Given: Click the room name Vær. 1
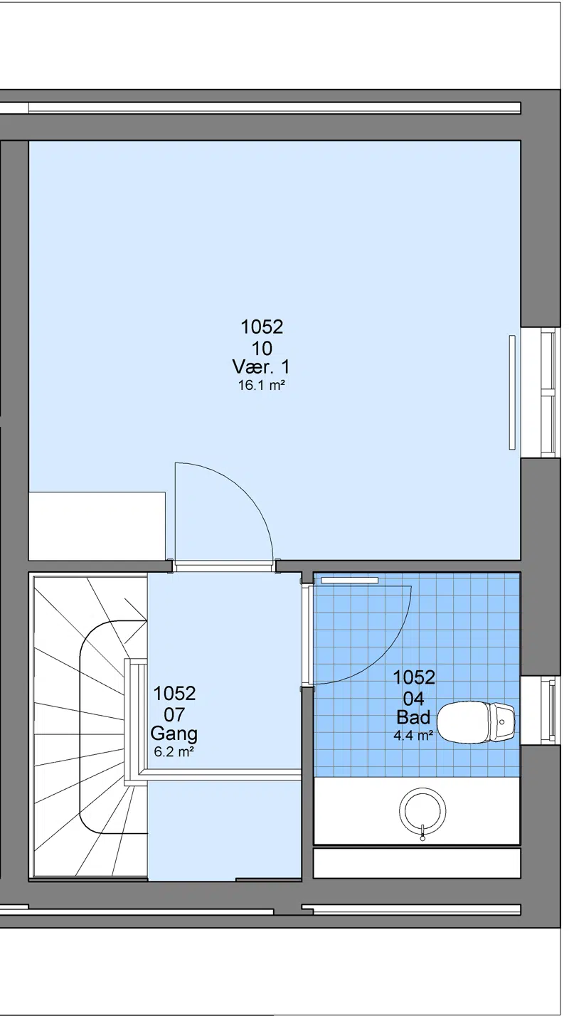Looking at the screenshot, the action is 261,366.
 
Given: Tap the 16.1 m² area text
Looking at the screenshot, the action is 262,386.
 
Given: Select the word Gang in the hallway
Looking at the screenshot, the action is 174,734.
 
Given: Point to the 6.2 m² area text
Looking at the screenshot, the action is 174,752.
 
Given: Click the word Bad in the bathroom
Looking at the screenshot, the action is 413,718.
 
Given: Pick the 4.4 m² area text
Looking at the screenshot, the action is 413,736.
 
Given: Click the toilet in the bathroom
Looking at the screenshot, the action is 476,723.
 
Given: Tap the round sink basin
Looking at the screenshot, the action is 422,810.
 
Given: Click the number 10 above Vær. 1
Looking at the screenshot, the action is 262,349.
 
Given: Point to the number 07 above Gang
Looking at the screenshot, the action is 174,715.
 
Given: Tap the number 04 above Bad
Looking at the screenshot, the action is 413,699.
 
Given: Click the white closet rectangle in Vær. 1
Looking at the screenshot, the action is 97,526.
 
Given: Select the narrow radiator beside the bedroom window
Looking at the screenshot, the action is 512,392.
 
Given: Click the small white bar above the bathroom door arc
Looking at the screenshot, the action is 349,580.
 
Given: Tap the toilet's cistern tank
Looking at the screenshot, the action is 504,723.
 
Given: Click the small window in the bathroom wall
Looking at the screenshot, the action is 543,710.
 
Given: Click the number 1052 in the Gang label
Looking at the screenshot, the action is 174,693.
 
